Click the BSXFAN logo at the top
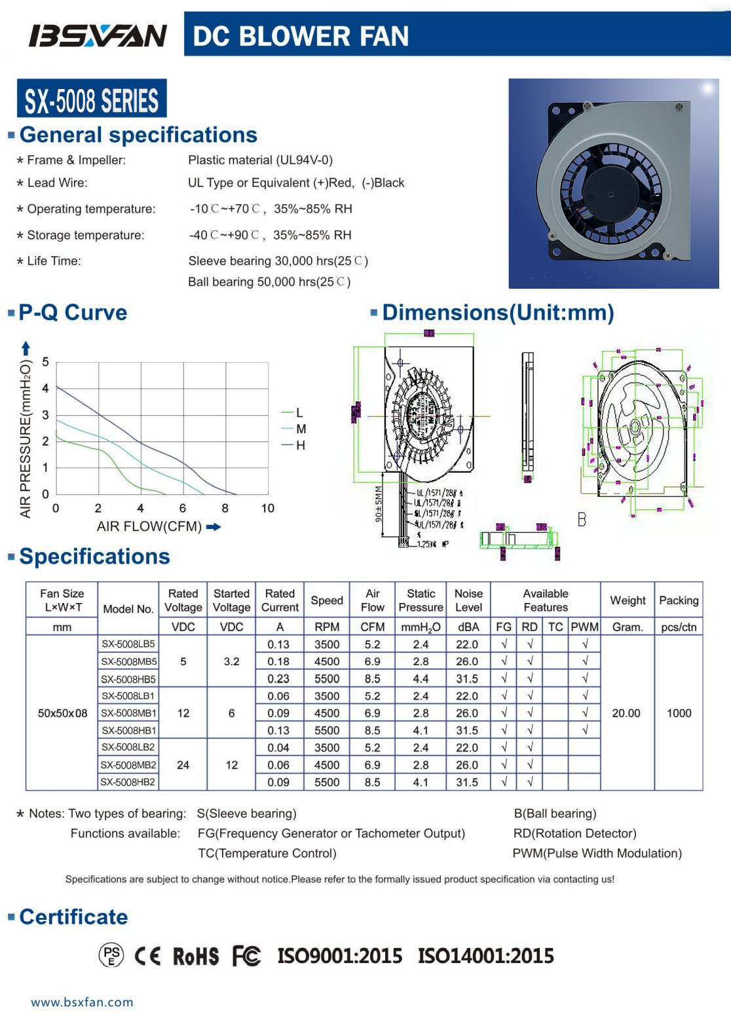coord(98,35)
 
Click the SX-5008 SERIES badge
coord(92,100)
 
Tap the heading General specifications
coord(138,135)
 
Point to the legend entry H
coord(300,445)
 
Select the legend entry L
coord(299,412)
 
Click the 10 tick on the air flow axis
coord(268,508)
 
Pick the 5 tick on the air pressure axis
coord(45,362)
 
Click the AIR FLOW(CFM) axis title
coord(149,526)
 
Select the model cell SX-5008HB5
coord(128,679)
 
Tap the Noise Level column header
coord(468,600)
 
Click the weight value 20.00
coord(626,713)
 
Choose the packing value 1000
coord(679,713)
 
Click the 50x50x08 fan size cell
coord(62,713)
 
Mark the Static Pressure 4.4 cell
coord(421,679)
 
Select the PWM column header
coord(584,627)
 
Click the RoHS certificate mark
coord(195,957)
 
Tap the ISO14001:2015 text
coord(486,957)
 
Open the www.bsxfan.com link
coord(82,1002)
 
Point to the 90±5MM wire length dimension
coord(379,504)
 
